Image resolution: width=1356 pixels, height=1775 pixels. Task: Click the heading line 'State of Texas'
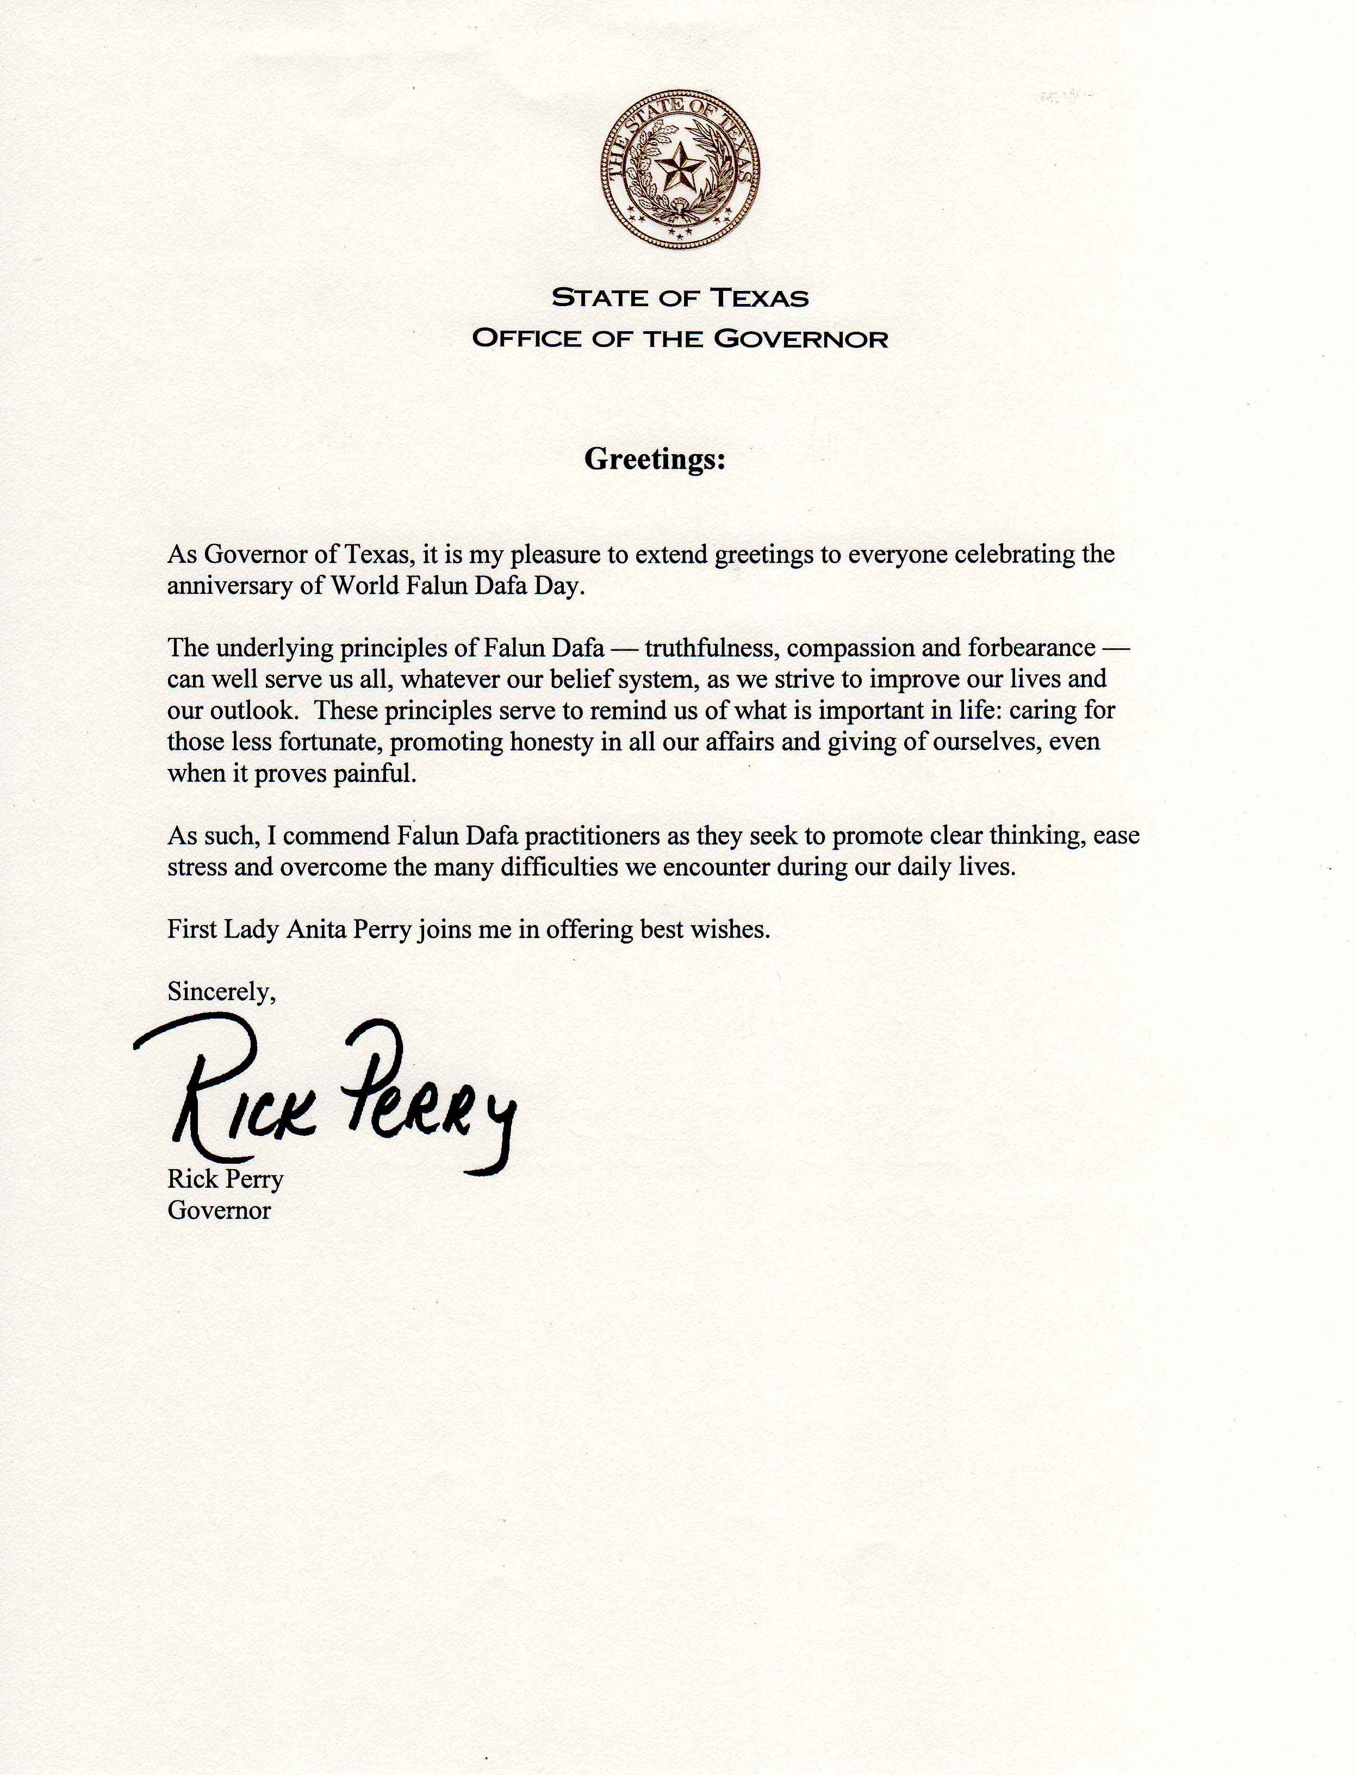click(680, 299)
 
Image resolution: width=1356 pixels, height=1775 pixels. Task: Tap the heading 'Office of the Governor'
click(680, 338)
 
